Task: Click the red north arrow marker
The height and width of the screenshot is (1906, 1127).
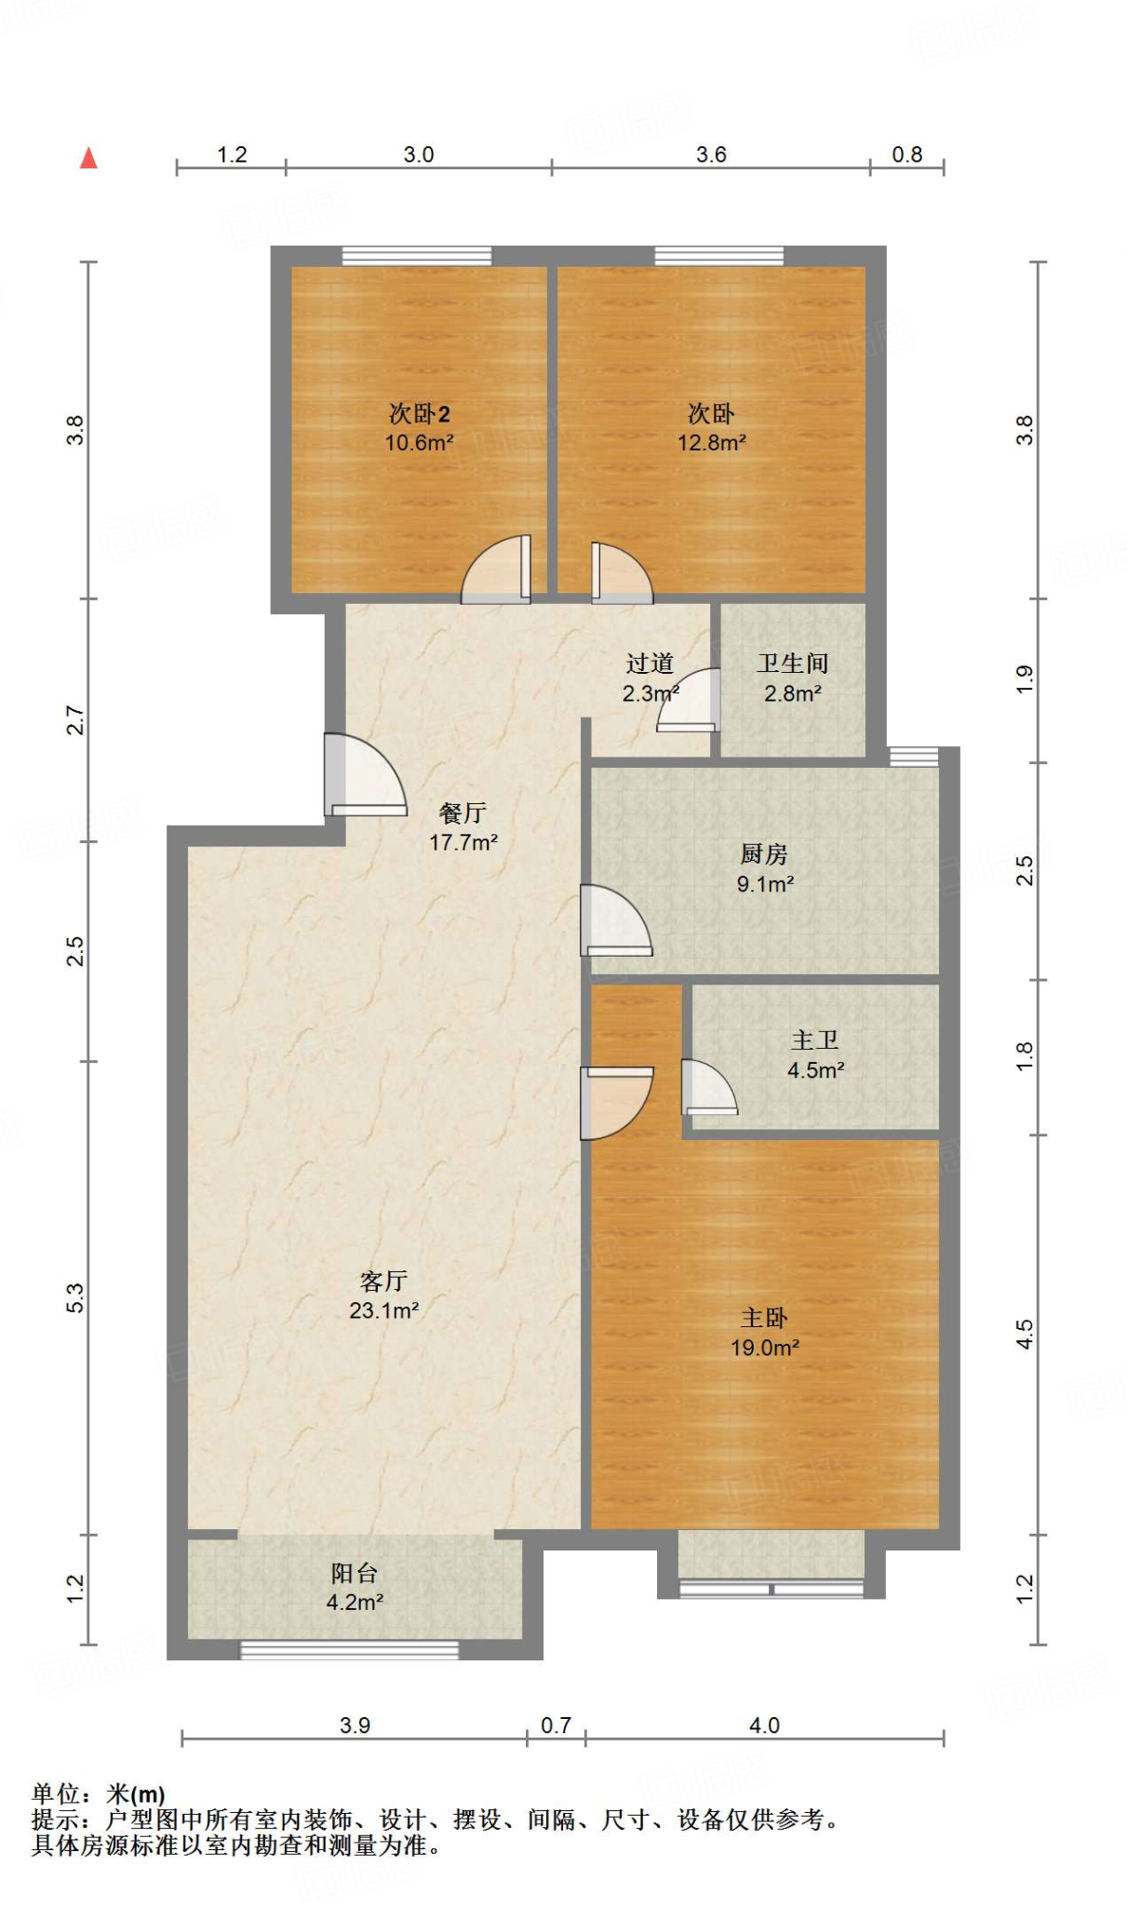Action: [x=88, y=158]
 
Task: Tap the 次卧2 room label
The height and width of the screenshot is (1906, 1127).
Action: [x=419, y=413]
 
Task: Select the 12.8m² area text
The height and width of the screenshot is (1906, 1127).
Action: [x=711, y=442]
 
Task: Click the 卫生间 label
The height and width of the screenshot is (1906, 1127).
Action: [x=792, y=663]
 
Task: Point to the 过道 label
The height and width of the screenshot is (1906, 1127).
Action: [x=650, y=663]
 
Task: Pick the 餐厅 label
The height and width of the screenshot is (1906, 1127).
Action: [x=463, y=812]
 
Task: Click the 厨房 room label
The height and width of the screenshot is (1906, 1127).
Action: [x=764, y=853]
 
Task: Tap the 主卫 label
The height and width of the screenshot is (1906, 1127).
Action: [x=815, y=1040]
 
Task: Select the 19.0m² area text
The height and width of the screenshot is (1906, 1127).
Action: [x=765, y=1347]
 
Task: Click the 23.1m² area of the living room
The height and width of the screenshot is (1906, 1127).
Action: [x=383, y=1310]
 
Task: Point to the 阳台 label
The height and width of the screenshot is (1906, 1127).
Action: [x=355, y=1573]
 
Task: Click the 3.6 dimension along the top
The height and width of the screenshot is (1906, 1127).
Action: [x=711, y=154]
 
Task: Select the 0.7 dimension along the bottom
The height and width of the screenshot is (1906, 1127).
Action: [x=556, y=1725]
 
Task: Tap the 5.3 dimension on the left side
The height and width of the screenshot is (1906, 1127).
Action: [x=75, y=1298]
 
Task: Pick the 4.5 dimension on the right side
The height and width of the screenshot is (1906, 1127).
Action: [x=1025, y=1335]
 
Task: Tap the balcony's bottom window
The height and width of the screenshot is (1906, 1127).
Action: [x=350, y=1650]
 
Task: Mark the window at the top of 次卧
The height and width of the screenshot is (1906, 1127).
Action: [x=719, y=255]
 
